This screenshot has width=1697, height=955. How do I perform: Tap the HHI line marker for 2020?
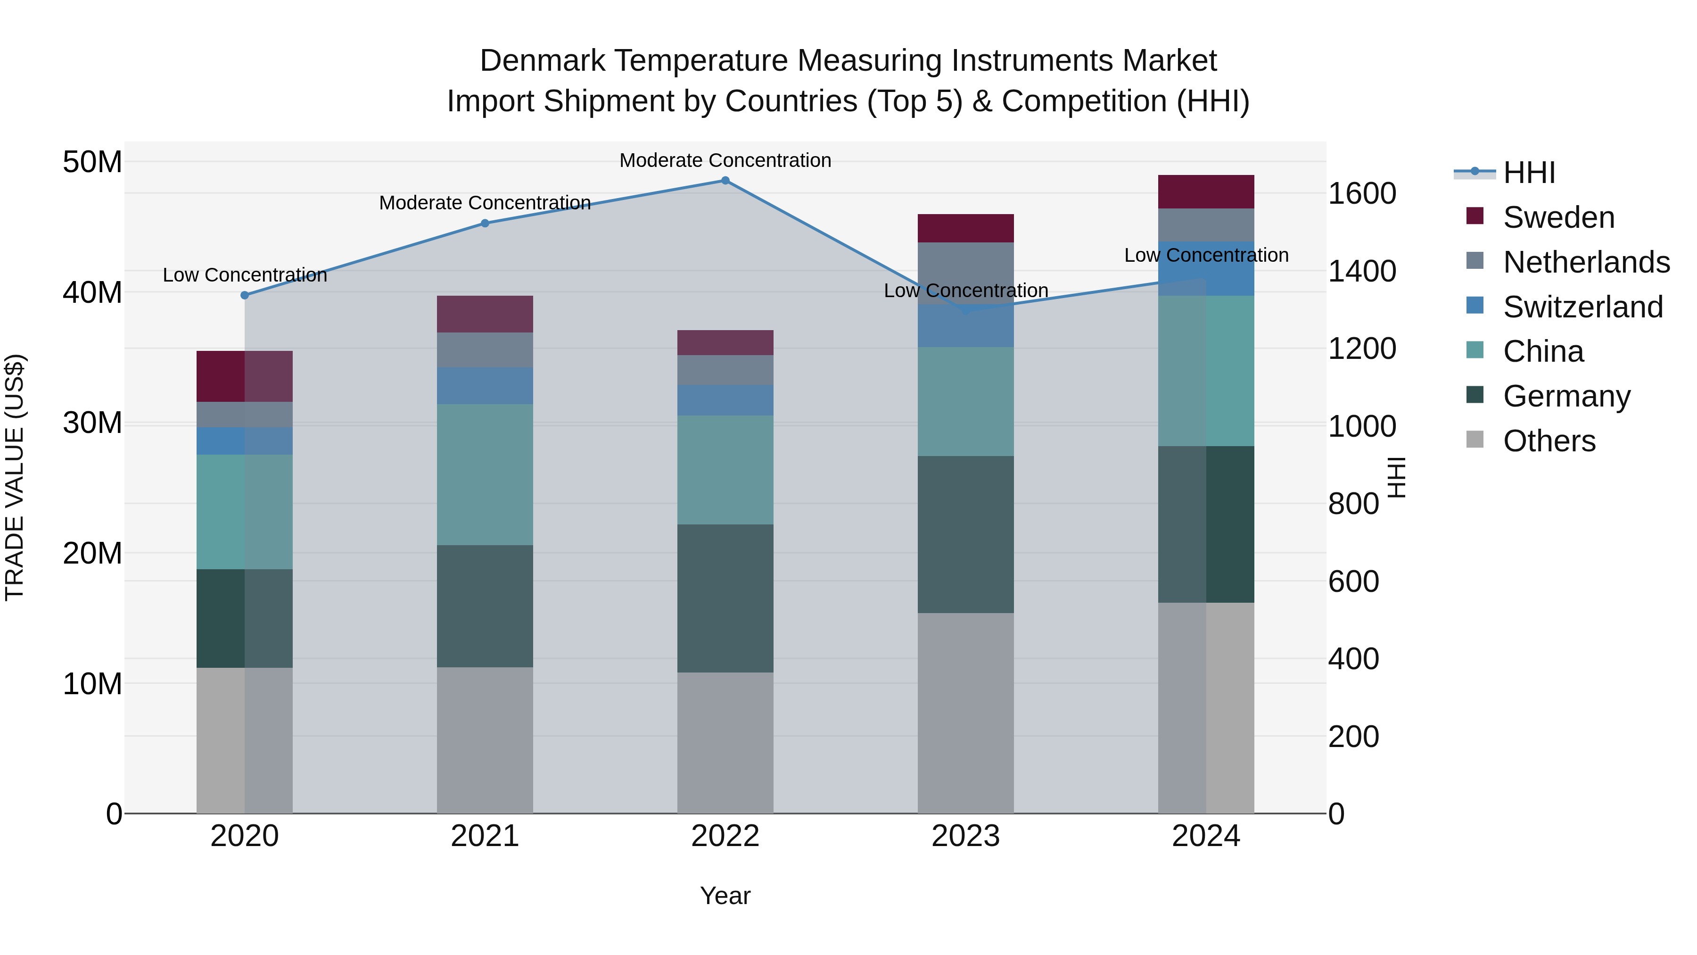(244, 295)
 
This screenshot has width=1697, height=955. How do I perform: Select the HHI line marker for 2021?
(485, 224)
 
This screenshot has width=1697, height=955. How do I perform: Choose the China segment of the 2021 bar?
(485, 474)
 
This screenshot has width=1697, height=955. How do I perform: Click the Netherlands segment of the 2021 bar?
(485, 350)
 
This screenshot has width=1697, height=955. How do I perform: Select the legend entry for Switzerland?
(1582, 307)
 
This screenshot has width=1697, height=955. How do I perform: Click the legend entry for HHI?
(1528, 173)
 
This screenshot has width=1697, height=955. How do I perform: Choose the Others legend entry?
(1548, 441)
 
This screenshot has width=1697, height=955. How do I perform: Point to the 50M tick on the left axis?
(92, 162)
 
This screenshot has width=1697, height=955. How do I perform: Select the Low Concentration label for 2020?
(244, 275)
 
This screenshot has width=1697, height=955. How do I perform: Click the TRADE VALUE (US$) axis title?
(15, 477)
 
